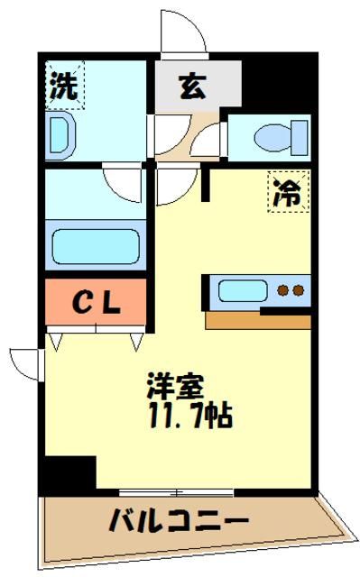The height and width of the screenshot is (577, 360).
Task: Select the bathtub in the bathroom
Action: (x=95, y=245)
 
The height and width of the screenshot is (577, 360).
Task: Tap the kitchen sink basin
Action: (x=241, y=291)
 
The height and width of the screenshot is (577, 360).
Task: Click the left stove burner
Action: (x=282, y=291)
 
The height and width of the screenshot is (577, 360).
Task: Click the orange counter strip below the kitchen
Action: (x=257, y=320)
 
